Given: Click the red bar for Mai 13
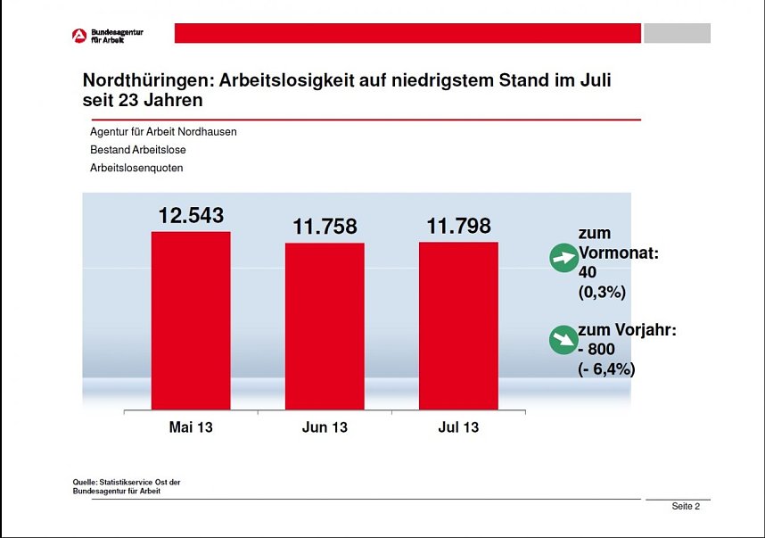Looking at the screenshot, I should (191, 320).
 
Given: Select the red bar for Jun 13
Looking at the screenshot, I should (325, 326).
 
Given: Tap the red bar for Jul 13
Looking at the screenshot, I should (458, 325).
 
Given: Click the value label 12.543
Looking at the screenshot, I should (191, 216).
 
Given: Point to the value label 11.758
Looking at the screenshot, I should (325, 228).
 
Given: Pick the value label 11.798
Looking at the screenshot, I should (458, 227).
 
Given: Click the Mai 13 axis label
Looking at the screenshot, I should (191, 427).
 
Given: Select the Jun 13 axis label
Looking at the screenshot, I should (325, 427).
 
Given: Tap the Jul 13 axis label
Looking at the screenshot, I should (458, 427).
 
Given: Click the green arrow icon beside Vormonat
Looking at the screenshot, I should (563, 260).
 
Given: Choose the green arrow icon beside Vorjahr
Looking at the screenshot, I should (563, 339).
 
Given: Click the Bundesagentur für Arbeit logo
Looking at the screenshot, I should (108, 36).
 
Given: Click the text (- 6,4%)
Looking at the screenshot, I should (606, 368).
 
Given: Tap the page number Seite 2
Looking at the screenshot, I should (686, 507).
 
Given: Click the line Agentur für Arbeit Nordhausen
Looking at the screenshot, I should (163, 131).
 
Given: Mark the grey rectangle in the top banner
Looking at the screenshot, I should (677, 33).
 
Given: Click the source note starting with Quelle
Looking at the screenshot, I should (127, 486).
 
